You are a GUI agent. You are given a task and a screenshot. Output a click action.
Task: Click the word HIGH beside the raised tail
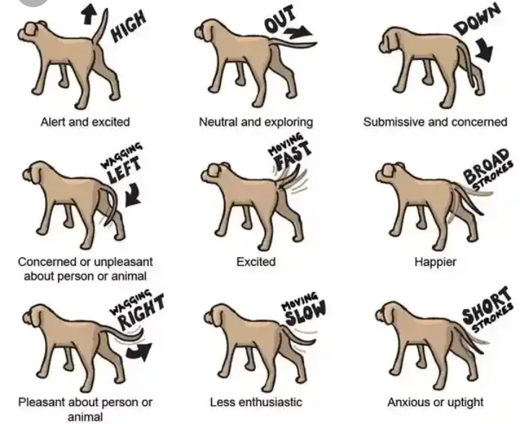129,26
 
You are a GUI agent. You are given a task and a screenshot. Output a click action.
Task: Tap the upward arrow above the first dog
89,14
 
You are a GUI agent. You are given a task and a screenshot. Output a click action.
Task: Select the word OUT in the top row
279,20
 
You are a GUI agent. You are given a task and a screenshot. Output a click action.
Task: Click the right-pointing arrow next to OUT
298,33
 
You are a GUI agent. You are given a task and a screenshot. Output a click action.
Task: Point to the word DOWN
477,20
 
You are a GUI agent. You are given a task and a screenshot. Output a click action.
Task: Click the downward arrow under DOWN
484,50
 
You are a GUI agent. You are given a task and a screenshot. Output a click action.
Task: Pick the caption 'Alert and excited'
85,122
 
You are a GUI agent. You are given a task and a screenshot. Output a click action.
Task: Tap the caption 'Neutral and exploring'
256,122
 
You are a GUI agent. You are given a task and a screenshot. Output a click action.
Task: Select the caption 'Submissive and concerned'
435,122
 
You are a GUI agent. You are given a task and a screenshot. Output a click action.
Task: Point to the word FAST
293,155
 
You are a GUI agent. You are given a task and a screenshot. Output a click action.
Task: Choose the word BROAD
486,166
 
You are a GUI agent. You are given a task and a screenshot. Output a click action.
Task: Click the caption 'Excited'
256,261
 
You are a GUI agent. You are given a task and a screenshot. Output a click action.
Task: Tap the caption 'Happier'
435,262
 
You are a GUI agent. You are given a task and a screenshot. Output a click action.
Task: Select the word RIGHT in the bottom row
142,312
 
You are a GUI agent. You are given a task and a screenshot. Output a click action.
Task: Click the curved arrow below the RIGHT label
139,352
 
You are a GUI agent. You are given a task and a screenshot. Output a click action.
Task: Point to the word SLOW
305,313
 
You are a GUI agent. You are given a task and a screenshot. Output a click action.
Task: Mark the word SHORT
486,306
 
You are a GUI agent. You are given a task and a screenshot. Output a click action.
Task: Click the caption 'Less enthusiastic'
256,402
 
